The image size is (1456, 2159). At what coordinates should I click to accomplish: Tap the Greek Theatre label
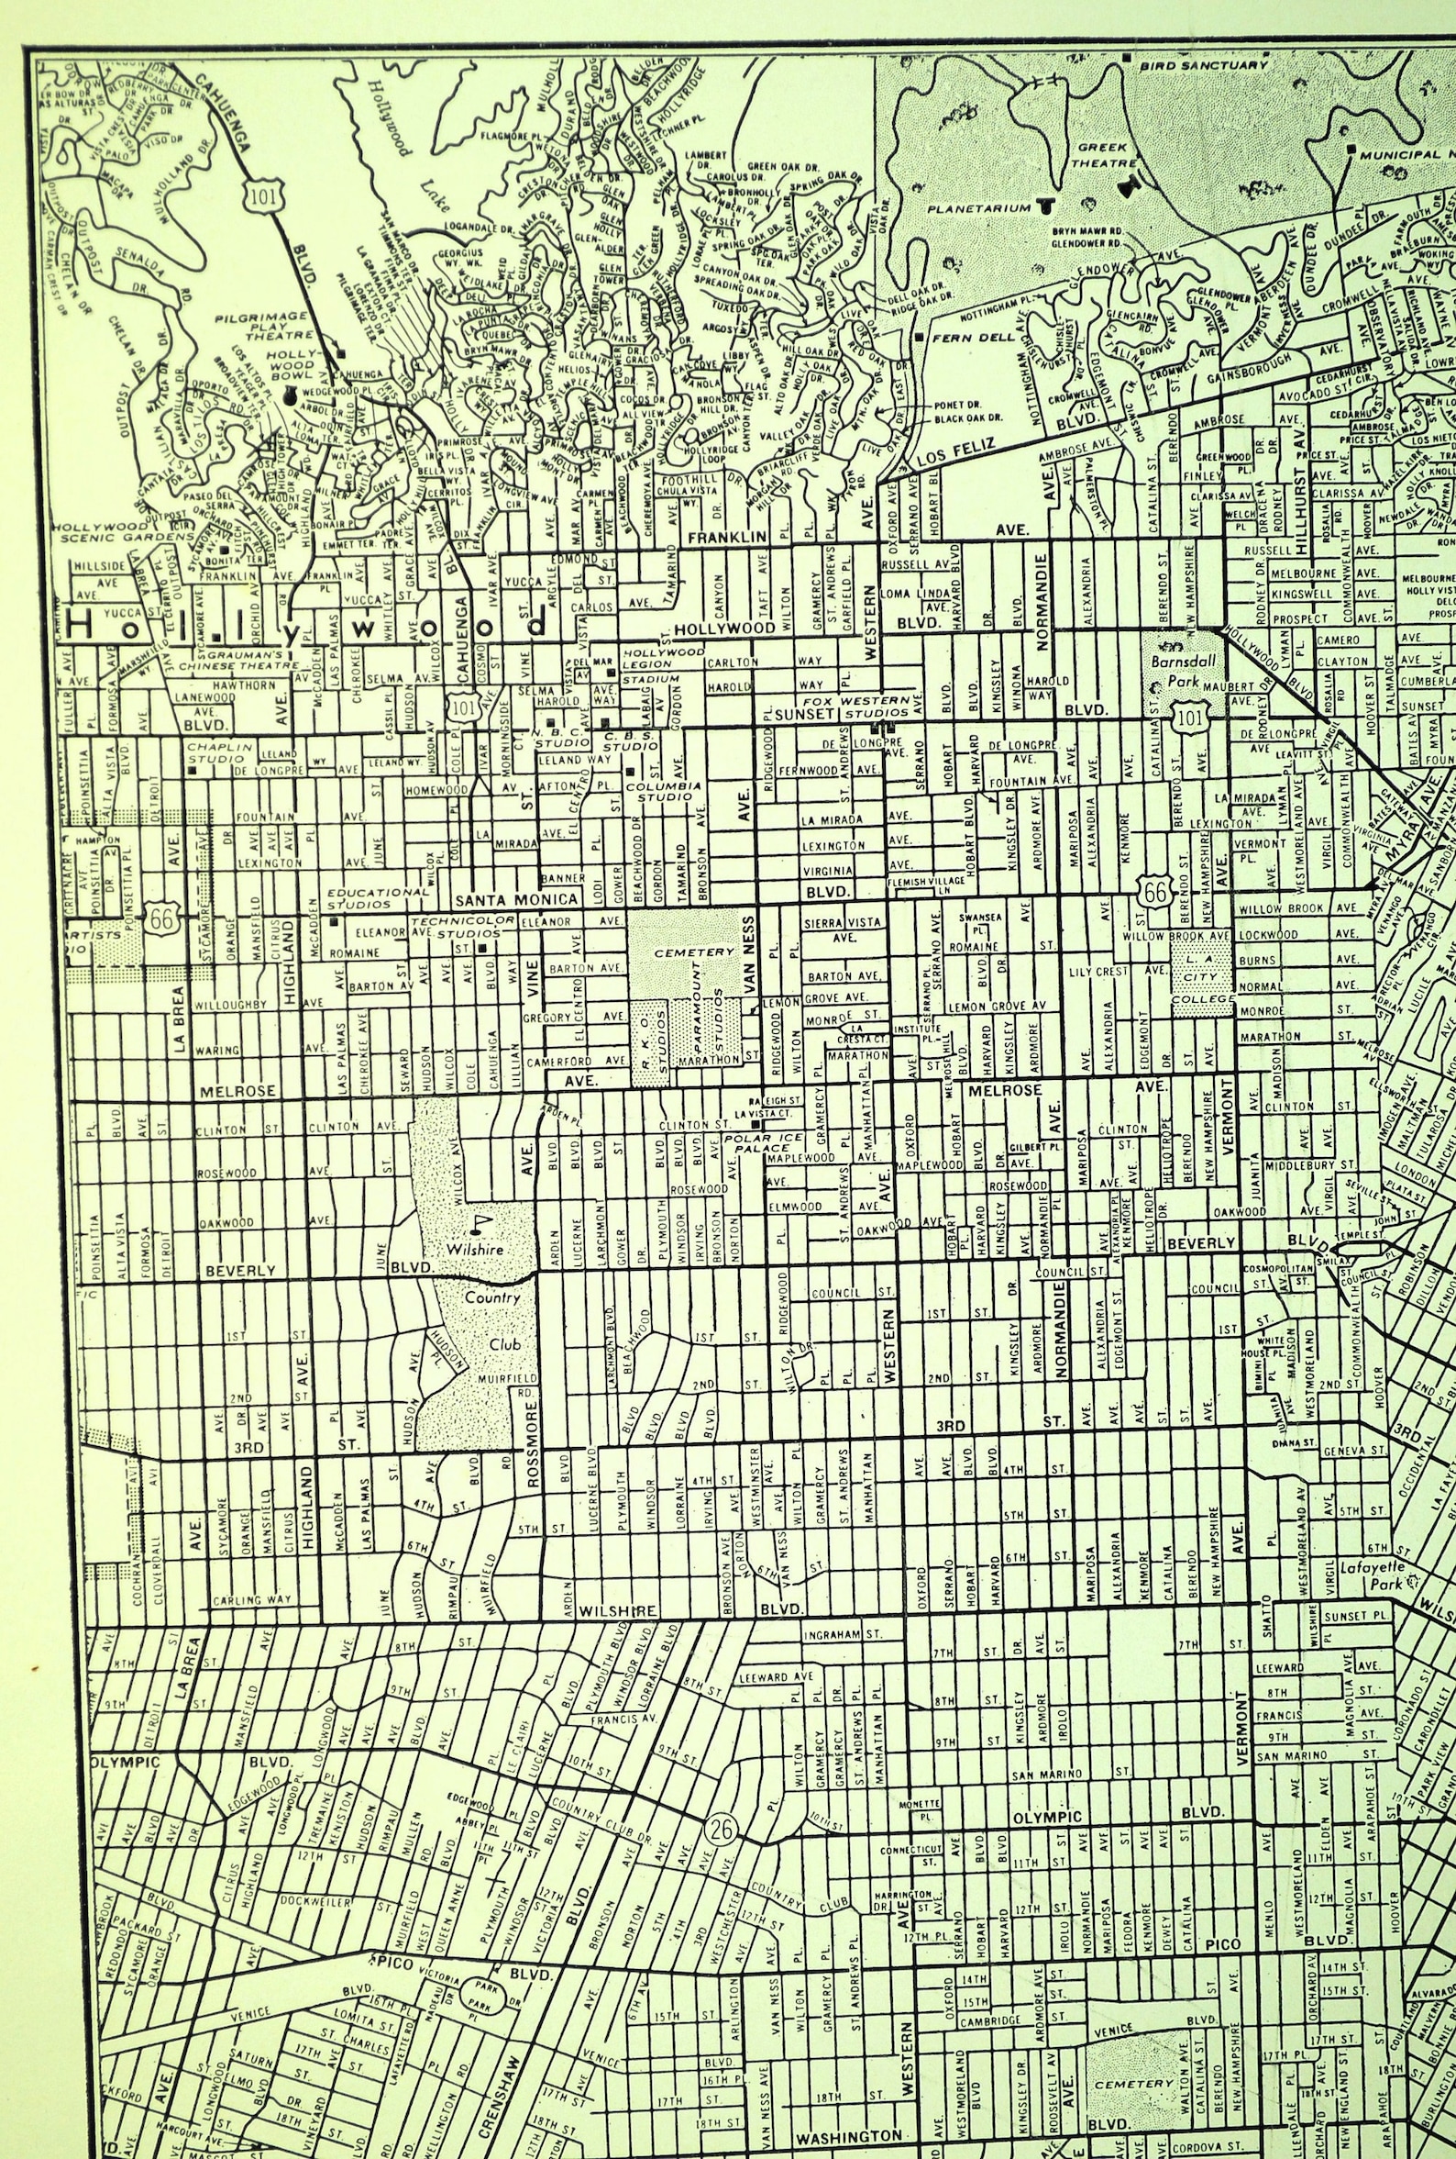point(1102,154)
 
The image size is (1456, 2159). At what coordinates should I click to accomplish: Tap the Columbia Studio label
point(663,793)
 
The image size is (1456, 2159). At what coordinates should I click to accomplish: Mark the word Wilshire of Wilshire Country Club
point(475,1250)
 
